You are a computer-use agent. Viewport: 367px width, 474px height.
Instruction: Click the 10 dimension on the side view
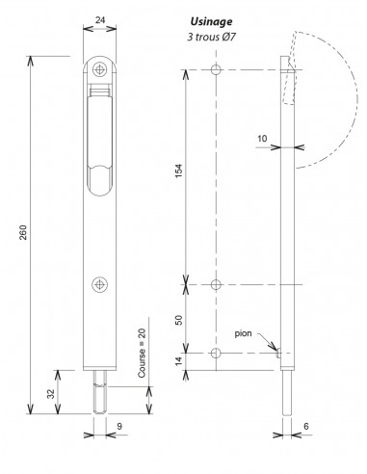[x=262, y=138]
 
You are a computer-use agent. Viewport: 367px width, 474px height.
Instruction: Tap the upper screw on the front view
[x=101, y=68]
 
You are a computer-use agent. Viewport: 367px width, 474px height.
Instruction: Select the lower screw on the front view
[x=101, y=283]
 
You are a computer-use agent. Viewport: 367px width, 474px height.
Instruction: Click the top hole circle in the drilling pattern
[x=217, y=70]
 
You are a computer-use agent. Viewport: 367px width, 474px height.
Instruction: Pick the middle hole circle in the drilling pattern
[x=217, y=284]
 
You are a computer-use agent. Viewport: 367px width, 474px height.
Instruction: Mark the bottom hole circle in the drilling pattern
[x=217, y=355]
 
